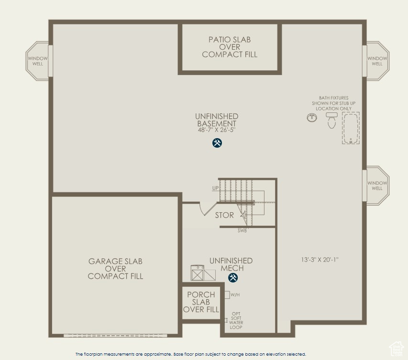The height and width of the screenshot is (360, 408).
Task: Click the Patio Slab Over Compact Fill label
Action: point(230,47)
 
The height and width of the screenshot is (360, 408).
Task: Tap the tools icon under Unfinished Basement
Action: point(217,143)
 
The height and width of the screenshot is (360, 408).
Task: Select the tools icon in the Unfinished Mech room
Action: point(233,278)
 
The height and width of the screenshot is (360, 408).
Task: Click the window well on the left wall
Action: point(37,61)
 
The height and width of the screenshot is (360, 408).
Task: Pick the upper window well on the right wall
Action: point(377,61)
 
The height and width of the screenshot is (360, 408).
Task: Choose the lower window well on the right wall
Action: point(377,185)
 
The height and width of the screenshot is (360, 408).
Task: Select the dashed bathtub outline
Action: point(351,128)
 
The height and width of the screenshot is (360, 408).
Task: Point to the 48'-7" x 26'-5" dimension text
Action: point(217,130)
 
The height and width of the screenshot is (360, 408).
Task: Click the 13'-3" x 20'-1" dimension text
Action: point(320,260)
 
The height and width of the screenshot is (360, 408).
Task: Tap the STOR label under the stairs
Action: point(224,215)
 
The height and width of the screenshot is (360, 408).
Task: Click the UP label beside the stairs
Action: point(215,188)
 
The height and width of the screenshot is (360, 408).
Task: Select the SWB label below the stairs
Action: point(243,231)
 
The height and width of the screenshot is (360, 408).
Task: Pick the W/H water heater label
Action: point(235,295)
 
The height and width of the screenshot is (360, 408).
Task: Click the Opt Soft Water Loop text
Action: point(236,320)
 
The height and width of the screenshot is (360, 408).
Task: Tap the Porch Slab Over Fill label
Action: point(201,302)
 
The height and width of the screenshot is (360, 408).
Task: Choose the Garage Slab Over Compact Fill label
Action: point(115,269)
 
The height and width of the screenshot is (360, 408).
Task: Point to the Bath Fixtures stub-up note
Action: point(333,103)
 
